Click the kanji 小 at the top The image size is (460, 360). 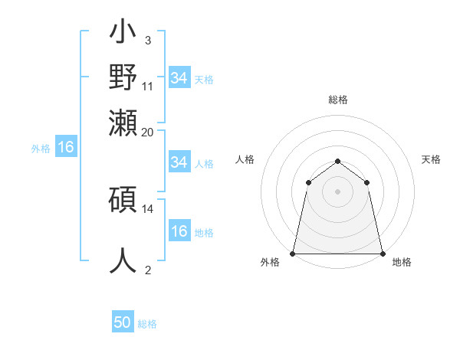tap(123, 34)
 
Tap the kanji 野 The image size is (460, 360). tap(123, 79)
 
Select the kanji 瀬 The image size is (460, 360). tap(123, 123)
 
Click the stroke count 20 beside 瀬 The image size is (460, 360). tap(148, 131)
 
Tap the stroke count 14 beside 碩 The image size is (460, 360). tap(148, 208)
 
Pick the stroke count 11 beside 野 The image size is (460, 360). tap(148, 86)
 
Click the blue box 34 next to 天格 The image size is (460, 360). tap(179, 78)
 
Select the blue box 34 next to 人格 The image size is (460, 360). tap(179, 162)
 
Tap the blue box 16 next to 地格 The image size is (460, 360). tap(179, 232)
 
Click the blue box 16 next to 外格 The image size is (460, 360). tap(66, 148)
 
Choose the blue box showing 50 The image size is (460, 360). tap(123, 323)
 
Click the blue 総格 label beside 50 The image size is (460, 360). tap(147, 324)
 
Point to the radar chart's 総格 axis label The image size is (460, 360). tap(337, 100)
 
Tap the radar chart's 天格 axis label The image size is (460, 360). tap(431, 159)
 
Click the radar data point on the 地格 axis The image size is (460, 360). tap(382, 253)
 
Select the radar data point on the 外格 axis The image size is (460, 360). tap(293, 253)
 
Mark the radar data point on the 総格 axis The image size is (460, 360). tap(337, 161)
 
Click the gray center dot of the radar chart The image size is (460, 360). tap(337, 191)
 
